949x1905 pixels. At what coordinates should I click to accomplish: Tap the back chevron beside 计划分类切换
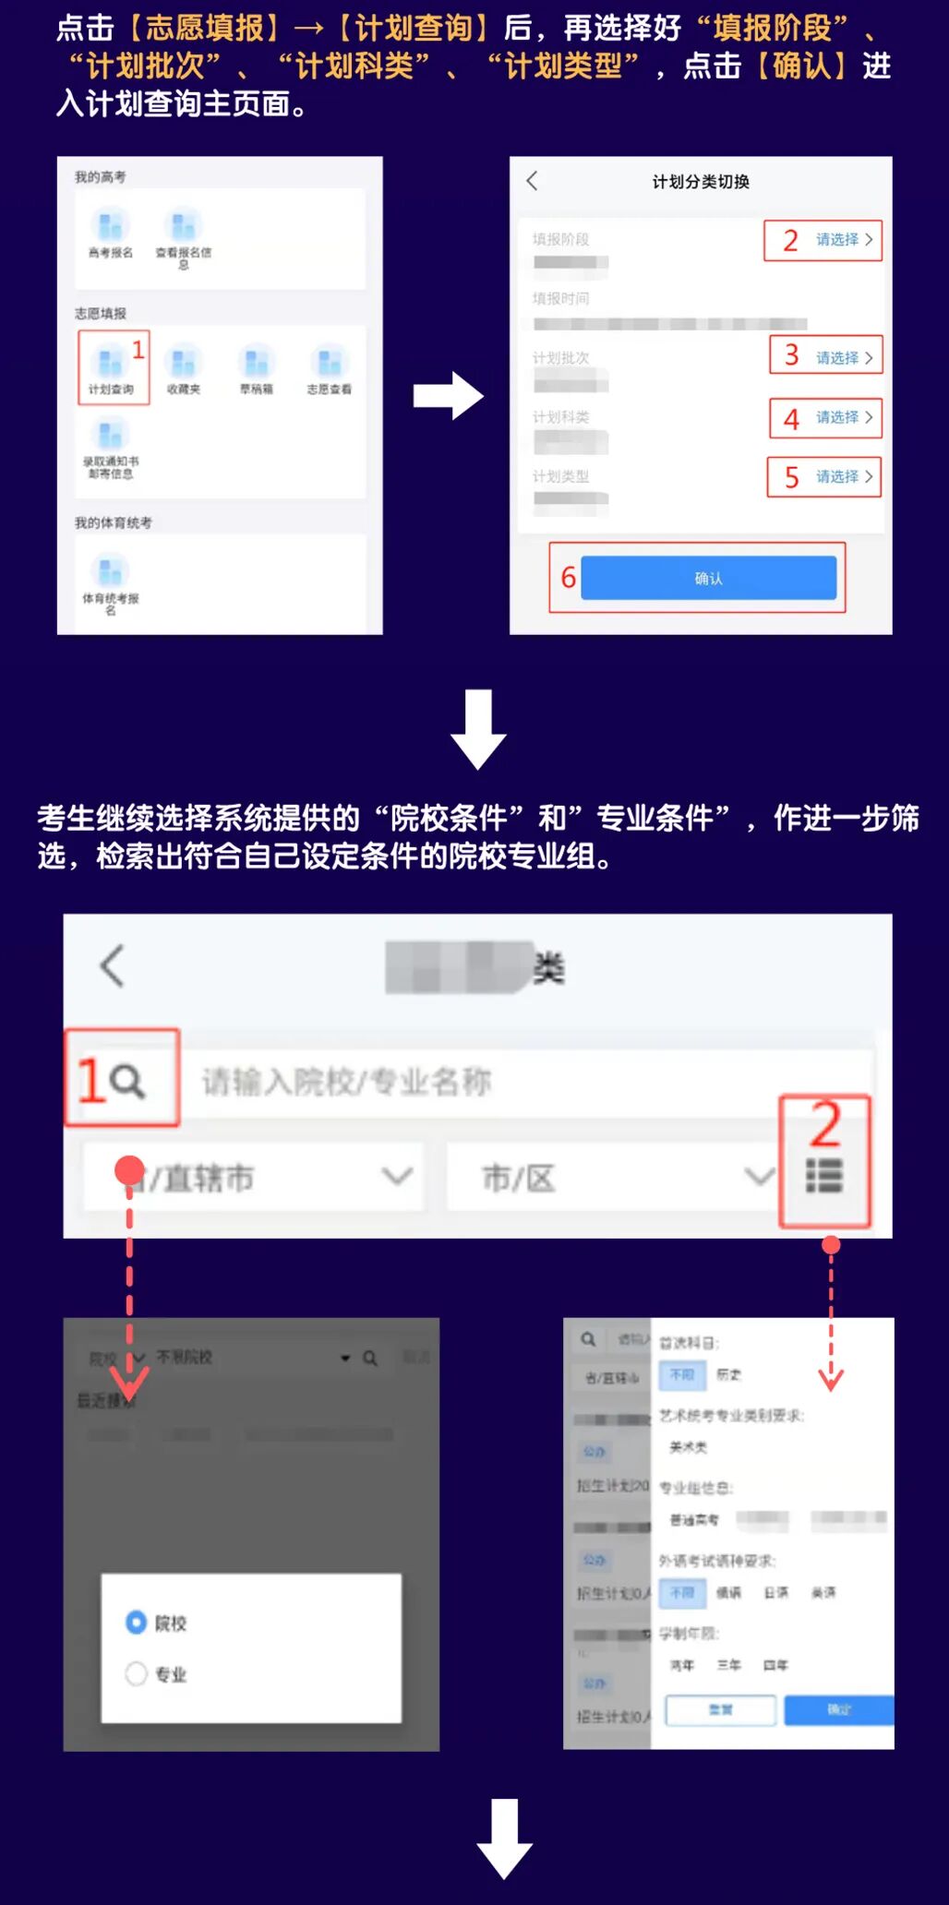pyautogui.click(x=533, y=181)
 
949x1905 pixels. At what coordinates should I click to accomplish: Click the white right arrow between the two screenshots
pyautogui.click(x=448, y=396)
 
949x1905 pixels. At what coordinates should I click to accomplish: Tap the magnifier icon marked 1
pyautogui.click(x=127, y=1080)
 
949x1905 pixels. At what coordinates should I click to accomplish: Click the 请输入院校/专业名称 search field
pyautogui.click(x=517, y=1081)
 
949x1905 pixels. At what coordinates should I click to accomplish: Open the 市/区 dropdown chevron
pyautogui.click(x=760, y=1176)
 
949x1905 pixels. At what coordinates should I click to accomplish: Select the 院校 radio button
pyautogui.click(x=137, y=1622)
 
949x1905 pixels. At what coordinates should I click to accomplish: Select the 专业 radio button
pyautogui.click(x=137, y=1673)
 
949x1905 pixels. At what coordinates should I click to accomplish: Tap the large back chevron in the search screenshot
pyautogui.click(x=112, y=966)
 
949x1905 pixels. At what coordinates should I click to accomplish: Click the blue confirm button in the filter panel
pyautogui.click(x=838, y=1709)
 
